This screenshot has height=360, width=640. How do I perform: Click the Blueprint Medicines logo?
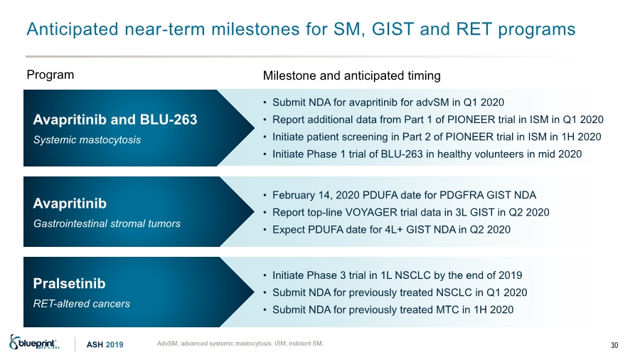coord(35,342)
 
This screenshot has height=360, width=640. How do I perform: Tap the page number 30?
coord(614,345)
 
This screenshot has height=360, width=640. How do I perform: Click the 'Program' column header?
coord(50,75)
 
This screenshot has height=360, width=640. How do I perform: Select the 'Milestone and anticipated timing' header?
coord(352,76)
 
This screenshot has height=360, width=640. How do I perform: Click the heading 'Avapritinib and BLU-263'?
coord(115,120)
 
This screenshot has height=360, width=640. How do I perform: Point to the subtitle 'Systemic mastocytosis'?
coord(87,140)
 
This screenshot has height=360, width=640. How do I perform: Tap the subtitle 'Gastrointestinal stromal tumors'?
coord(107,223)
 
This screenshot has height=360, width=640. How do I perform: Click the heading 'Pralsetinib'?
coord(70,284)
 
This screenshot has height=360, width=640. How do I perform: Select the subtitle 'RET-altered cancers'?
coord(82,304)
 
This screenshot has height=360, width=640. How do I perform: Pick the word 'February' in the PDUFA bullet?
coord(294,196)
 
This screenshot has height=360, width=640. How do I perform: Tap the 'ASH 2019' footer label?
coord(105,345)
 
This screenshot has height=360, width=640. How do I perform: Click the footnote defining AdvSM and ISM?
coord(240,344)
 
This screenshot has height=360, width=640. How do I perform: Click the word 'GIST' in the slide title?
coord(393,29)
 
